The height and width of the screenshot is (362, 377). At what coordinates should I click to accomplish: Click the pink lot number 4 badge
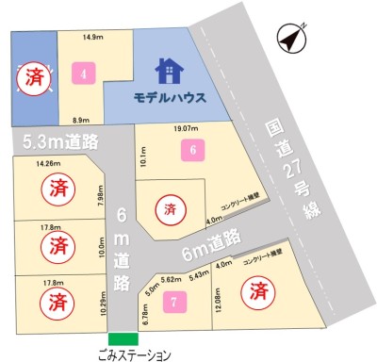coord(85,74)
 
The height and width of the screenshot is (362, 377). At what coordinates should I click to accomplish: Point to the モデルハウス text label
coord(170,96)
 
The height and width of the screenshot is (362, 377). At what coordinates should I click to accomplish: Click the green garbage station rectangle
coord(122,339)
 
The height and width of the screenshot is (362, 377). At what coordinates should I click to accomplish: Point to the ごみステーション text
coord(135,355)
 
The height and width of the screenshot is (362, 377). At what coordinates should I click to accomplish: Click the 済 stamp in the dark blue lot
coord(34,74)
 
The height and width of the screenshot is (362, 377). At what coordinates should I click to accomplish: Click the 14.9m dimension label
coord(92,37)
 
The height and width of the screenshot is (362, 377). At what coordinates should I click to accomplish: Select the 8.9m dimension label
coord(80,120)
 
